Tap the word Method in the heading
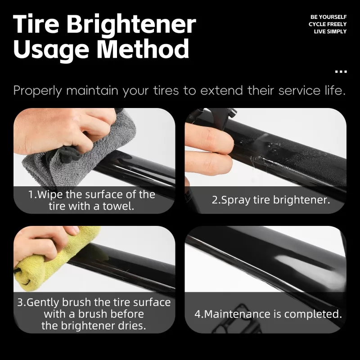(143, 49)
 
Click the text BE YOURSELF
(328, 17)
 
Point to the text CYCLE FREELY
(328, 24)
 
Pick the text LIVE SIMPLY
(330, 31)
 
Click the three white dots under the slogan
(341, 72)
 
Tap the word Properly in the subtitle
(38, 91)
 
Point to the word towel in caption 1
(118, 206)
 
